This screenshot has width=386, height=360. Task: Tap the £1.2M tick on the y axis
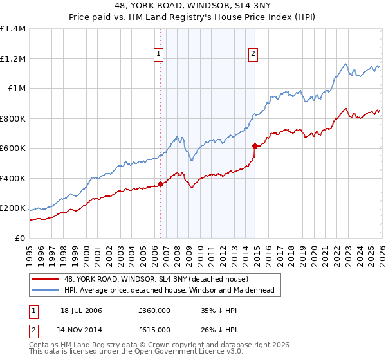coord(13,59)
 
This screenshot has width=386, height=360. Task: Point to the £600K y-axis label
coord(13,148)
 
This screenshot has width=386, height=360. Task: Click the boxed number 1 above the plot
coord(159,55)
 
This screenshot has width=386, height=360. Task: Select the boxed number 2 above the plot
coord(253,55)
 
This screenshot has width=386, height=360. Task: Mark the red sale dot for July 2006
coord(160,184)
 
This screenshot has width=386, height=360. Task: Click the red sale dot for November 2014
coord(255,146)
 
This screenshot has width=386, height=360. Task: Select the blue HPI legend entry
coord(169,290)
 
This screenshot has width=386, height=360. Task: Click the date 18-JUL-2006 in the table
coord(81,310)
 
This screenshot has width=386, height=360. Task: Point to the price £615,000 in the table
coord(154,329)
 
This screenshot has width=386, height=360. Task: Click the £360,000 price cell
coord(154,310)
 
